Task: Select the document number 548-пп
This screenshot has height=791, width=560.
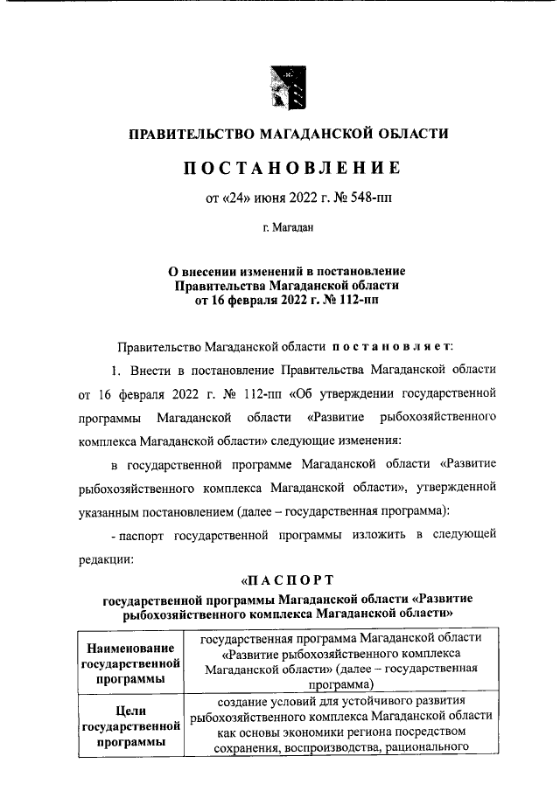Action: (369, 198)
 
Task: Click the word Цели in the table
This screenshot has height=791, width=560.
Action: (129, 711)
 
